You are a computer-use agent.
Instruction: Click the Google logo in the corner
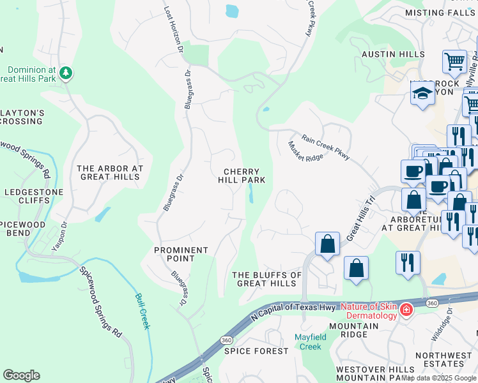click(21, 375)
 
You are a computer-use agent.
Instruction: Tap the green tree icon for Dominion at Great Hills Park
click(65, 74)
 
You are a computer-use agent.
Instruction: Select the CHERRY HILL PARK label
click(241, 176)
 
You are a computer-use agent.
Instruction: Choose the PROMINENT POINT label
click(181, 254)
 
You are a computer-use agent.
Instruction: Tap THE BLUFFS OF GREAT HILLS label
click(266, 279)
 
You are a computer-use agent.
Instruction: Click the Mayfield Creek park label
click(310, 342)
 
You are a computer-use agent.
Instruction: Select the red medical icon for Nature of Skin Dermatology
click(405, 310)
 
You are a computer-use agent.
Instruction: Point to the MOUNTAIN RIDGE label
click(355, 329)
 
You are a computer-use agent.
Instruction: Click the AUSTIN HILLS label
click(393, 55)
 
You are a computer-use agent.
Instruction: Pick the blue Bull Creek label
click(143, 311)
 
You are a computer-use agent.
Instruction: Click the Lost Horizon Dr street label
click(173, 29)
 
